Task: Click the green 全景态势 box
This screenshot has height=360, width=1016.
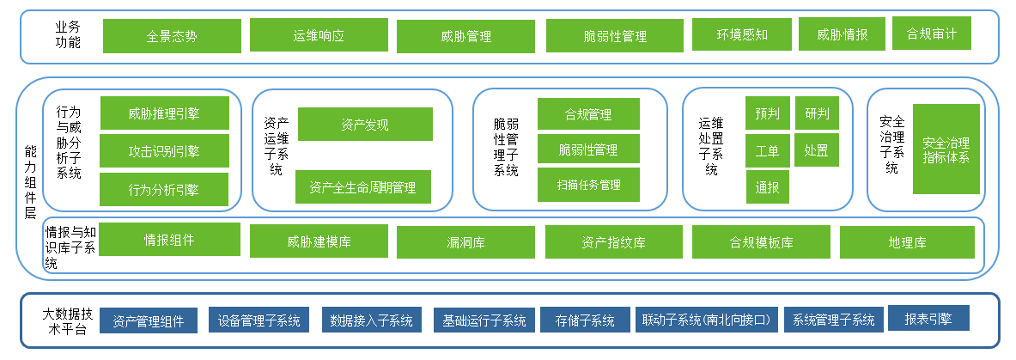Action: (172, 36)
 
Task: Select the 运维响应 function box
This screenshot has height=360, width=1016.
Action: (318, 35)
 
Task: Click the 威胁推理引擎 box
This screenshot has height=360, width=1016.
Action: (164, 113)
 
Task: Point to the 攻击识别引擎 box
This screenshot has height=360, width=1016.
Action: (164, 151)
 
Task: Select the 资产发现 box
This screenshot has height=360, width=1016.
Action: (364, 125)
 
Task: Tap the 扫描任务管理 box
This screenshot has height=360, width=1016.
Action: (588, 185)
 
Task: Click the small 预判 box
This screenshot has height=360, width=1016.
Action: (767, 113)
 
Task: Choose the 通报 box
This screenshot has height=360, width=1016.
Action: (767, 186)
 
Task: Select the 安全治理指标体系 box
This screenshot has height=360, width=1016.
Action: (946, 149)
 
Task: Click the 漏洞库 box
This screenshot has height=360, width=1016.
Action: (465, 242)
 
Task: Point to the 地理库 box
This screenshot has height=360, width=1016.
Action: (907, 242)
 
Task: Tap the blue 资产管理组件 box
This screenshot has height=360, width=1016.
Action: (149, 320)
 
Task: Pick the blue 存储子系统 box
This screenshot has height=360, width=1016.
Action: (585, 320)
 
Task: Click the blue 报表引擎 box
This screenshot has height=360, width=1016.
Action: (928, 318)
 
